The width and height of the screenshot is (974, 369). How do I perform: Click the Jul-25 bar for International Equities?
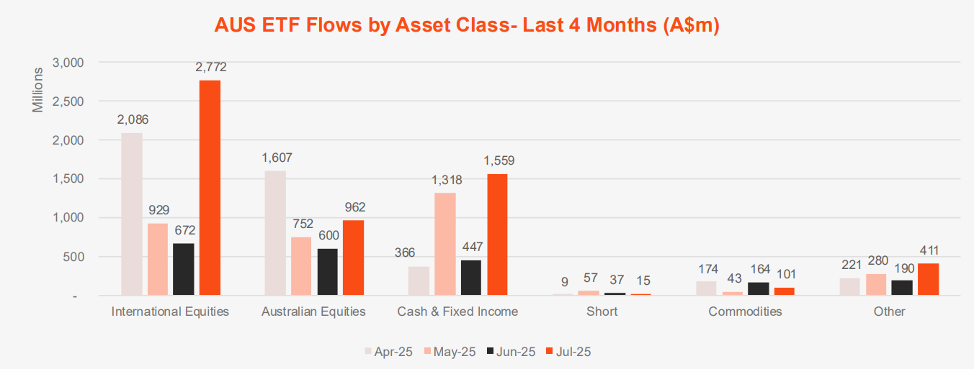coord(210,187)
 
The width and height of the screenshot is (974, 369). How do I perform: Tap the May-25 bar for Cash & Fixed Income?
coord(444,244)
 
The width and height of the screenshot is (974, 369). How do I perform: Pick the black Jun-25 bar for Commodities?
coord(758,288)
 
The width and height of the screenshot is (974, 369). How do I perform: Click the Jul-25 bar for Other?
coord(928,279)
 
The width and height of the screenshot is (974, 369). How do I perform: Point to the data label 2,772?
coord(210,68)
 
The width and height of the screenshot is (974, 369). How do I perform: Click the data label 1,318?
coord(447,181)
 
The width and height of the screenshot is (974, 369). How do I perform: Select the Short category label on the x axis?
coord(602,311)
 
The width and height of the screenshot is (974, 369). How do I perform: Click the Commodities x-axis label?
coord(745,311)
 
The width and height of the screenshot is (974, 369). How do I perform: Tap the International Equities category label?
coord(171,311)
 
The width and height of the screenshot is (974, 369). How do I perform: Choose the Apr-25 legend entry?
coord(393,352)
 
